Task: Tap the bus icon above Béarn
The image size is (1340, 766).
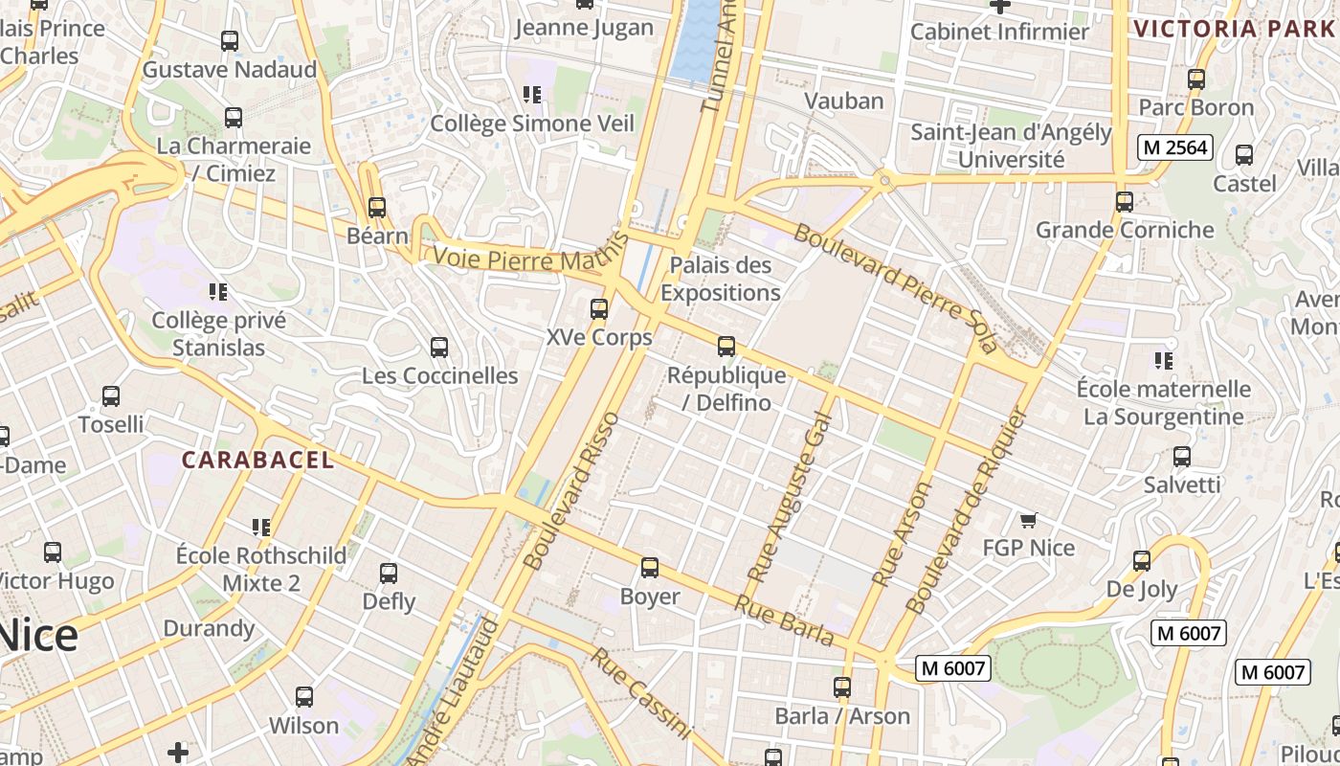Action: [377, 208]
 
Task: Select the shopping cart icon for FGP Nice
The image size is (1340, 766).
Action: [1028, 520]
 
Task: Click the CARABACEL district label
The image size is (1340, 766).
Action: [258, 460]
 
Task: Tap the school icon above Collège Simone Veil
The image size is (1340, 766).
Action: [532, 95]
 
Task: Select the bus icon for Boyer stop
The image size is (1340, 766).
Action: [650, 568]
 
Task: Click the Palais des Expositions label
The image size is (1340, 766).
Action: [720, 279]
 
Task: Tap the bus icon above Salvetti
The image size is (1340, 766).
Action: [1182, 457]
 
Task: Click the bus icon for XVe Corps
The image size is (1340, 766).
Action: [599, 309]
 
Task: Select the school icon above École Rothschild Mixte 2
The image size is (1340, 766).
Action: [261, 527]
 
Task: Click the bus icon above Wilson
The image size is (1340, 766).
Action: [304, 697]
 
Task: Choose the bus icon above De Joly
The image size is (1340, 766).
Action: [1142, 561]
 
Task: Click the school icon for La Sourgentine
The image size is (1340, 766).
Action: [1164, 361]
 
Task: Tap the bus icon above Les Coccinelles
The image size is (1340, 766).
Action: [439, 348]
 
